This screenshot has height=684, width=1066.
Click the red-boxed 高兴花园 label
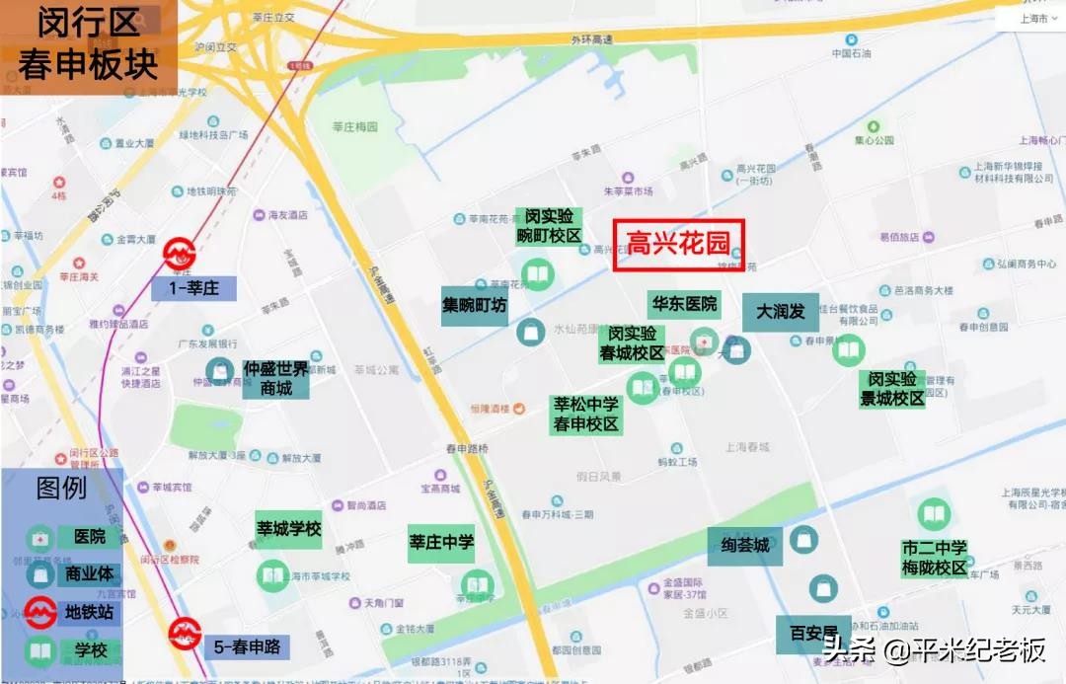[678, 244]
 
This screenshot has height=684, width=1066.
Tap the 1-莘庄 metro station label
[194, 289]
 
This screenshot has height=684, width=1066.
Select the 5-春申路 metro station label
[247, 647]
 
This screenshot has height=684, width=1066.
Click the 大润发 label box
[781, 312]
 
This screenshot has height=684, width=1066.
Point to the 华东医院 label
[683, 303]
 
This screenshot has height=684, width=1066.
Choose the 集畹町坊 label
[475, 306]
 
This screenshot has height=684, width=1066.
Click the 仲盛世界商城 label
[276, 378]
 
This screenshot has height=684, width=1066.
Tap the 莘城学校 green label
[289, 529]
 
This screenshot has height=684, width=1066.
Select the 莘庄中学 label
[442, 542]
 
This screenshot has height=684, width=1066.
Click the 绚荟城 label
[744, 546]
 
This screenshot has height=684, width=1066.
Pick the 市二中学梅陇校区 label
[934, 558]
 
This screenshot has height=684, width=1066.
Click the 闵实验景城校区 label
[892, 389]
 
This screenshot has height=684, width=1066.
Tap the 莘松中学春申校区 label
[585, 414]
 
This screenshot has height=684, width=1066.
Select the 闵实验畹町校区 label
[549, 225]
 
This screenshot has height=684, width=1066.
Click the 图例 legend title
[61, 488]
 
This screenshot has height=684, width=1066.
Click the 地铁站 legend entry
[89, 613]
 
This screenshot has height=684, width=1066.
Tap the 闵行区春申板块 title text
[88, 43]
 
